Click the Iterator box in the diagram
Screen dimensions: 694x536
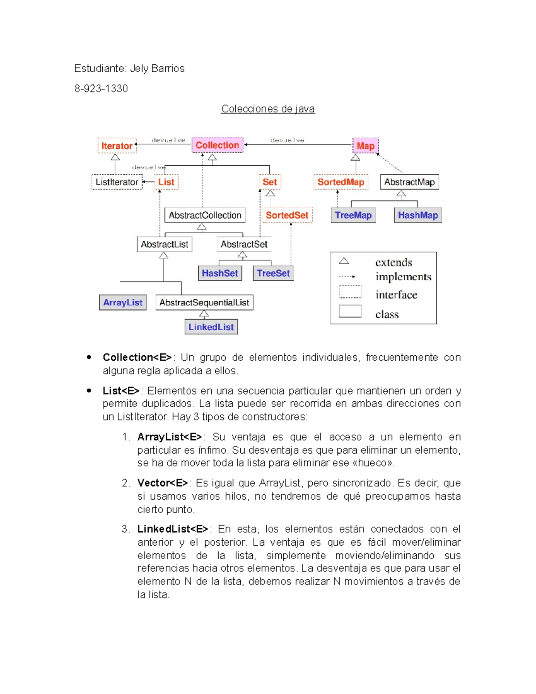click(x=117, y=146)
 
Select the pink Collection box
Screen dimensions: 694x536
click(x=218, y=145)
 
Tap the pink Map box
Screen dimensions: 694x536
click(x=365, y=146)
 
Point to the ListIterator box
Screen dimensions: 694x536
click(x=117, y=182)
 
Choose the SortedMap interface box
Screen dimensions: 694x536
click(x=341, y=182)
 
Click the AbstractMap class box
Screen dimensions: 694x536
click(x=409, y=182)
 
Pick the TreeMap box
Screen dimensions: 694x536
click(x=353, y=215)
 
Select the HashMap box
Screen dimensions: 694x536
click(x=418, y=215)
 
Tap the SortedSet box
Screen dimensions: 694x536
click(x=287, y=215)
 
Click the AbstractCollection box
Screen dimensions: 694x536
click(x=205, y=215)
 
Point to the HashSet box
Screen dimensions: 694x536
click(x=220, y=273)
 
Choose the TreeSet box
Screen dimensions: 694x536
click(x=273, y=273)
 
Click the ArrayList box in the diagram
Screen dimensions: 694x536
click(x=123, y=303)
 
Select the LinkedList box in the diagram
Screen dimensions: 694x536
click(x=211, y=327)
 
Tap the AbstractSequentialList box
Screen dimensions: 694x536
click(x=204, y=303)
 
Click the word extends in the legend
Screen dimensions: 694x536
click(x=394, y=262)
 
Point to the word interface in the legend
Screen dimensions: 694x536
click(x=396, y=295)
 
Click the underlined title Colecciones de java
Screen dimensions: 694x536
click(x=268, y=109)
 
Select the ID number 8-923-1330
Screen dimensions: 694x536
click(x=101, y=88)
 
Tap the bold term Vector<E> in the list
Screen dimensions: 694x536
click(x=163, y=483)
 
